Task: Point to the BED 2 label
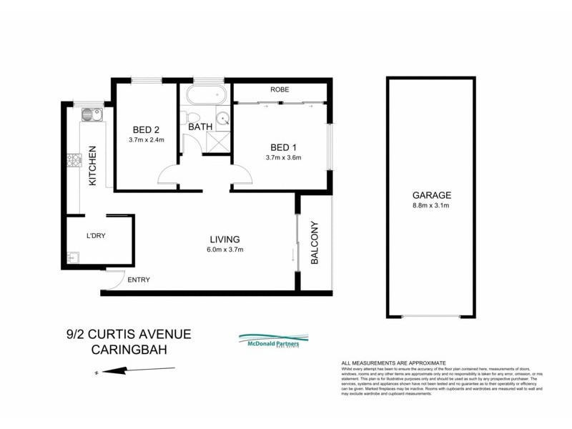click(146, 129)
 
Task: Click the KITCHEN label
click(92, 167)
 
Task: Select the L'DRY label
click(96, 235)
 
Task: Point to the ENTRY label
click(138, 280)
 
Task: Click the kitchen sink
click(90, 114)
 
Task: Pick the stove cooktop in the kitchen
click(74, 163)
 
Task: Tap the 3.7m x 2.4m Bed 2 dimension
click(146, 140)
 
